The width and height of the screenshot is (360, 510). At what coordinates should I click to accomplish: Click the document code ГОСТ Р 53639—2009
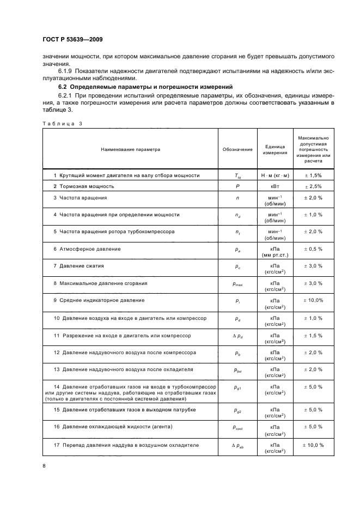click(72, 39)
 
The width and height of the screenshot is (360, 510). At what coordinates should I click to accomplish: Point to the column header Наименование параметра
click(131, 149)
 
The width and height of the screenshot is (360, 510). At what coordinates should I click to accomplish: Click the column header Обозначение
click(237, 149)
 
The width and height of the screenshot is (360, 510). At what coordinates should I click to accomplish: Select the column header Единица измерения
click(274, 149)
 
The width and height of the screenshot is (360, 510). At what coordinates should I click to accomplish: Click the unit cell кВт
click(274, 186)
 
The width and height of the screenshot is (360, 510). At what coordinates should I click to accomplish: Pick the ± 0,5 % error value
click(313, 249)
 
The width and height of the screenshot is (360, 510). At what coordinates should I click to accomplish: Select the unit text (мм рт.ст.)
click(274, 255)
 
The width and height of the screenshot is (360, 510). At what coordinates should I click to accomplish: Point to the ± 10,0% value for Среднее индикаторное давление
click(313, 300)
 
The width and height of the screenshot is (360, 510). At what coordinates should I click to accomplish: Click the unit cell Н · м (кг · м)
click(274, 175)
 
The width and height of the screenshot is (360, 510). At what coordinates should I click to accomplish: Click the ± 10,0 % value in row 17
click(313, 445)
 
